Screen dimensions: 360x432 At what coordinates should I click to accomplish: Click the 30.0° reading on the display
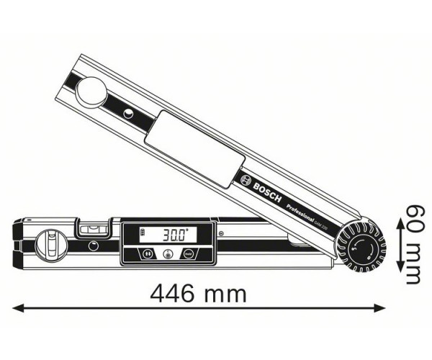[175, 235]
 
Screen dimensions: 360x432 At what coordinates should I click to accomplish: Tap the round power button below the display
[167, 253]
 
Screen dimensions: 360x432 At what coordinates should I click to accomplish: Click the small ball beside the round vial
[93, 246]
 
